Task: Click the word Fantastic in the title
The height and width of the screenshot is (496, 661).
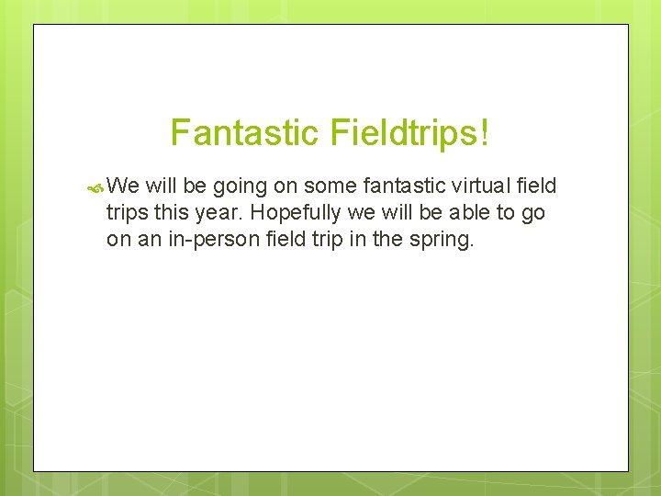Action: pos(240,132)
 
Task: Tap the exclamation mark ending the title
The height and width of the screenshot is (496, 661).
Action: pos(483,132)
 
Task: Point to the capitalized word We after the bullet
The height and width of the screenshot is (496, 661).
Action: pos(122,186)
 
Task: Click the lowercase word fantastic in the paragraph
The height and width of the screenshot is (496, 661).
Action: pos(401,186)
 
